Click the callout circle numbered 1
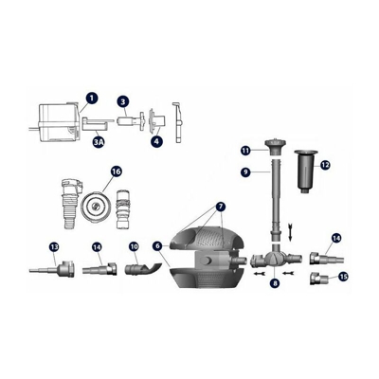pyautogui.click(x=91, y=97)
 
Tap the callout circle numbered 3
pyautogui.click(x=123, y=101)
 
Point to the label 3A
pyautogui.click(x=99, y=141)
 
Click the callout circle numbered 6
pyautogui.click(x=156, y=245)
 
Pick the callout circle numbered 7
pyautogui.click(x=221, y=206)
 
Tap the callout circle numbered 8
pyautogui.click(x=276, y=281)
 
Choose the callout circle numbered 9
pyautogui.click(x=244, y=172)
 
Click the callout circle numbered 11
pyautogui.click(x=244, y=151)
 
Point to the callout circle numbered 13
pyautogui.click(x=54, y=246)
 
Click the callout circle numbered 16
pyautogui.click(x=117, y=171)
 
